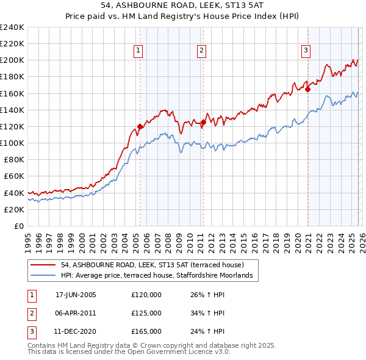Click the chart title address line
[183, 5]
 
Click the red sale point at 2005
[140, 127]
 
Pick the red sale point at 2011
[203, 123]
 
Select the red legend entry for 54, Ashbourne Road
[152, 265]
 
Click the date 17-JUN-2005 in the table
[76, 295]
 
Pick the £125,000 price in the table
[146, 313]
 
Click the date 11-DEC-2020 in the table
[76, 331]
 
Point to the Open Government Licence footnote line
[129, 352]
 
